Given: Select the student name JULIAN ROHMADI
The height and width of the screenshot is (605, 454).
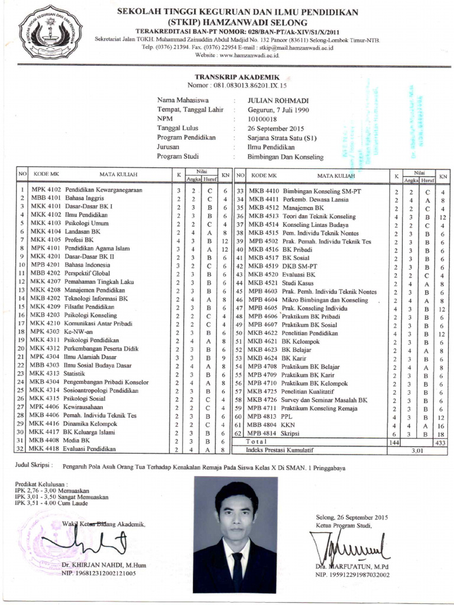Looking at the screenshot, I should click(270, 100).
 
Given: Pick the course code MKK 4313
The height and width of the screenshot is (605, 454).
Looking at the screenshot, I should click(46, 373).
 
